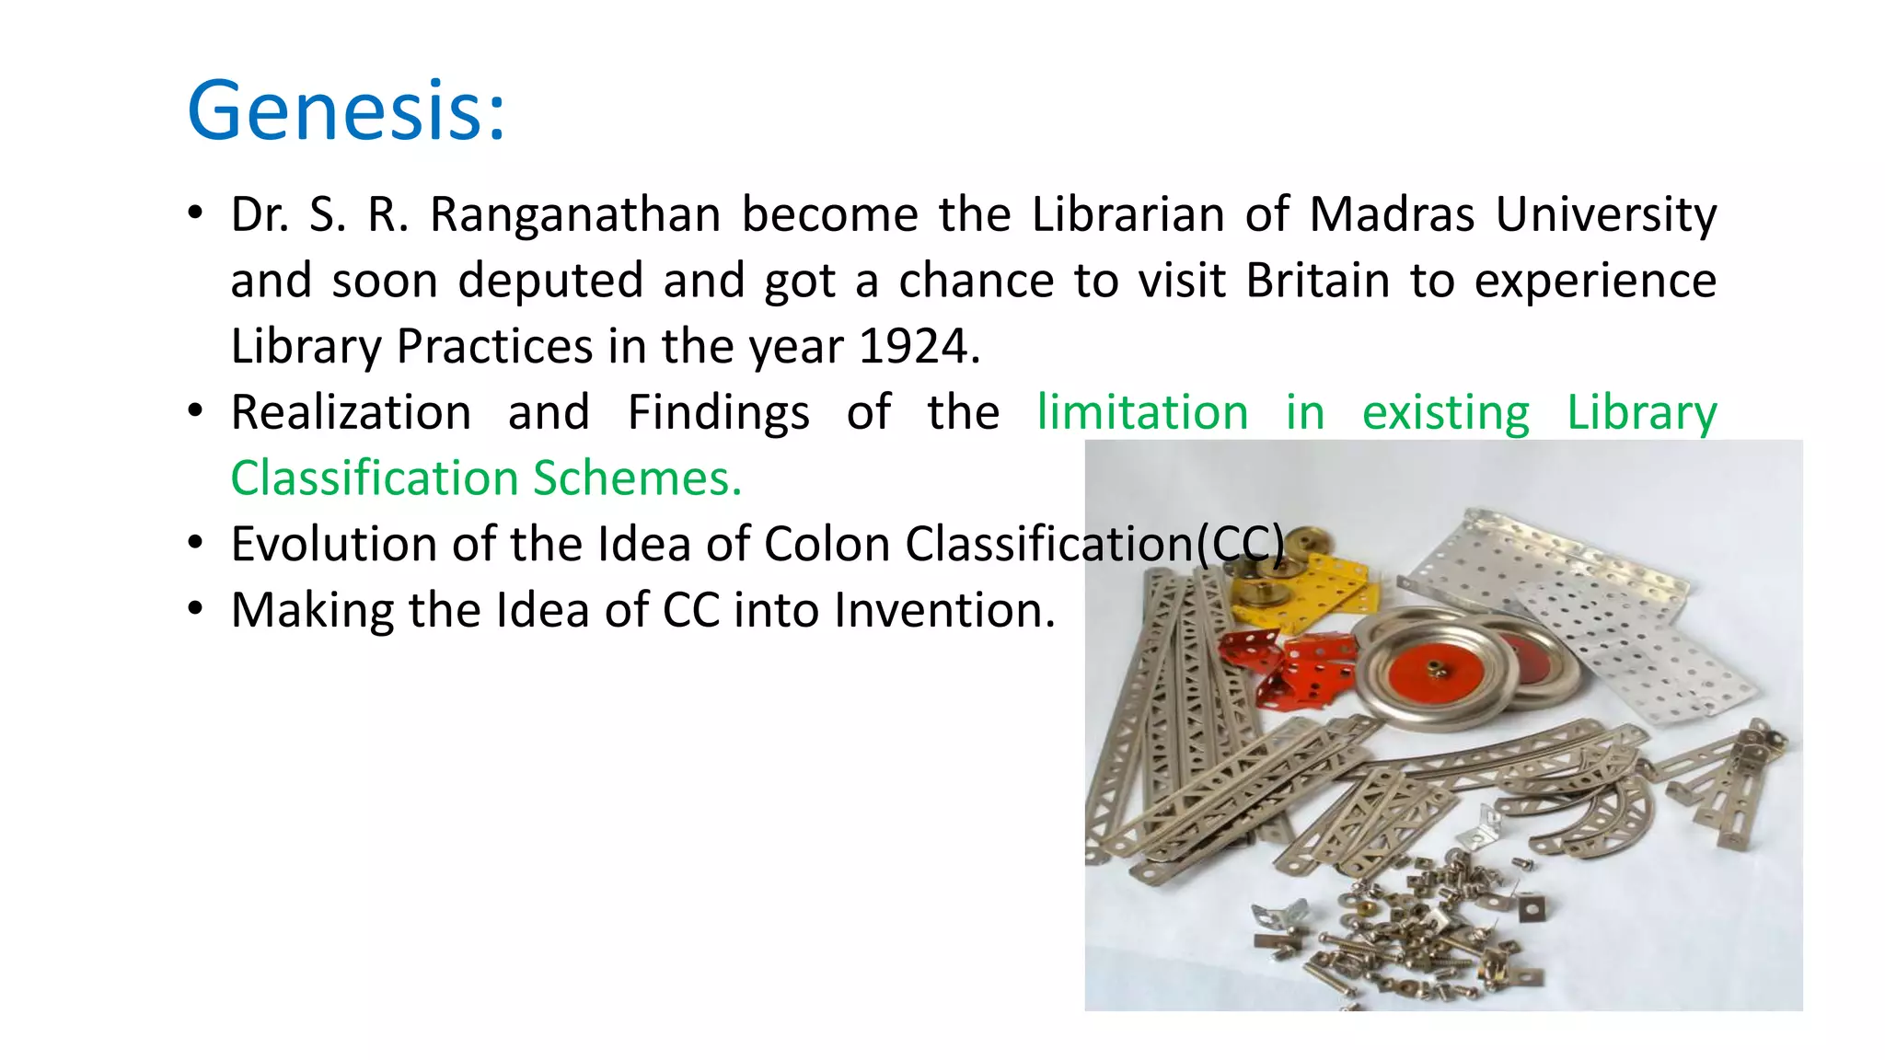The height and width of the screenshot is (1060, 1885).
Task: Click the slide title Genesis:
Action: [x=346, y=111]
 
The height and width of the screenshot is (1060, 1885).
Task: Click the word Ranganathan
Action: [x=575, y=215]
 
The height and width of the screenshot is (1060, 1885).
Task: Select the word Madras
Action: [x=1392, y=215]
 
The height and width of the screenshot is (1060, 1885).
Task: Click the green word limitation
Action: [x=1142, y=413]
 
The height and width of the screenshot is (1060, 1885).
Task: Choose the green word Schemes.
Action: [x=637, y=478]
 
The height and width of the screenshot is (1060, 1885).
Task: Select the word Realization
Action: [x=351, y=413]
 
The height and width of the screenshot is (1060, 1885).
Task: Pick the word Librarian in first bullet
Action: [x=1128, y=215]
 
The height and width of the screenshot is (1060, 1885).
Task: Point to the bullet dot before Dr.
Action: [x=194, y=213]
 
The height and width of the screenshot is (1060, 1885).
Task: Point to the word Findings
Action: [x=718, y=413]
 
